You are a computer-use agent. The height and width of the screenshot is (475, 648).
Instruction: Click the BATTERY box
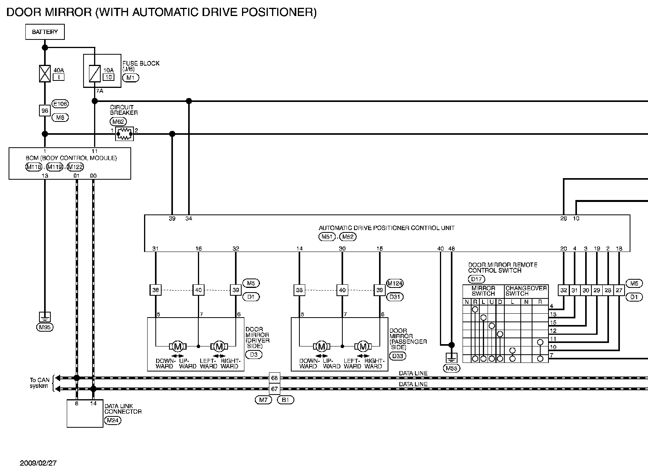(x=45, y=32)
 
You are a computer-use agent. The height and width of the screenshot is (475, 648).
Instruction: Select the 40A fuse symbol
(x=45, y=73)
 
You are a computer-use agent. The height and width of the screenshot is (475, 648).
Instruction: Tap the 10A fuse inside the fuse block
(x=94, y=73)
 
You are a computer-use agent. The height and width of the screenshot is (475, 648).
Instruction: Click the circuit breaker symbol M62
(x=125, y=134)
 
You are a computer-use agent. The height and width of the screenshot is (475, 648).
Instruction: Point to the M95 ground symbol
(x=45, y=317)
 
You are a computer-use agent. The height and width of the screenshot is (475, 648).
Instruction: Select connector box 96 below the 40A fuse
(x=45, y=111)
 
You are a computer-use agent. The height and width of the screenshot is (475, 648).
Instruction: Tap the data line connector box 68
(x=274, y=378)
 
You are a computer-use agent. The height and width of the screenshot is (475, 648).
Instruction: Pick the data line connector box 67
(x=274, y=389)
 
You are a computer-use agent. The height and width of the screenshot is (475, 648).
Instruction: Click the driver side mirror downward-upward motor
(x=178, y=346)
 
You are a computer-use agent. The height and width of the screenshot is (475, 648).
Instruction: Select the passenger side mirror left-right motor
(x=363, y=346)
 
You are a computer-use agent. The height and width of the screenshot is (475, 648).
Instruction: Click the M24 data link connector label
(x=112, y=421)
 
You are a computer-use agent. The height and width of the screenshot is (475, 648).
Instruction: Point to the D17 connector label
(x=476, y=279)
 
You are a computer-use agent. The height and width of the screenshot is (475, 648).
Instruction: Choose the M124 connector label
(x=395, y=283)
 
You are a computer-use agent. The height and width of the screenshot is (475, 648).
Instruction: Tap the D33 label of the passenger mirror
(x=398, y=356)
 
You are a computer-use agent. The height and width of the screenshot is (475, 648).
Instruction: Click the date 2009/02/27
(x=39, y=463)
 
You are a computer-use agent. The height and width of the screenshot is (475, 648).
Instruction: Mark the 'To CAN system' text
(x=39, y=383)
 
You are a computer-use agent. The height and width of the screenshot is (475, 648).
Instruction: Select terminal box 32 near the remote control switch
(x=564, y=290)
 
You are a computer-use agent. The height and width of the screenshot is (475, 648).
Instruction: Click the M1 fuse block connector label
(x=130, y=77)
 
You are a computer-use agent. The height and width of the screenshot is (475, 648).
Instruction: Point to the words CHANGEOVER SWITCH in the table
(x=526, y=291)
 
